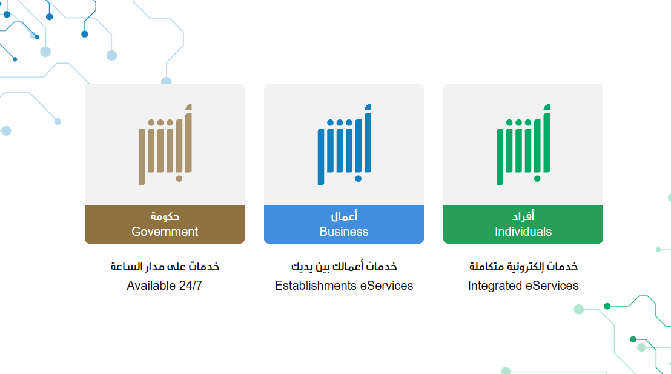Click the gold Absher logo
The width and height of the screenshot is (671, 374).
[165, 144]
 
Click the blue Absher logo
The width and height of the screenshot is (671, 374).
[344, 144]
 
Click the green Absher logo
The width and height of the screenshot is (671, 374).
[523, 144]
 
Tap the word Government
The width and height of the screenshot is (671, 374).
[165, 232]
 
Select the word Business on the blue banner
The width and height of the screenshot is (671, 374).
[344, 232]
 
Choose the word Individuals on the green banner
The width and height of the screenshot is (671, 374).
[523, 232]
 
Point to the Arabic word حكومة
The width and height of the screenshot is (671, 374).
[165, 216]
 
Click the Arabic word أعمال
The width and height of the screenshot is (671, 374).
[344, 216]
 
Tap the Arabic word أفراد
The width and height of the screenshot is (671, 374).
[523, 216]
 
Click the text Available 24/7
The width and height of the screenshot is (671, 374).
[165, 286]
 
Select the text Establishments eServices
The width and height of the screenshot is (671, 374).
[344, 286]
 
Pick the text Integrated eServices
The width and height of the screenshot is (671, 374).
[523, 286]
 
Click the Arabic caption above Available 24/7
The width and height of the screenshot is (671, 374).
[165, 267]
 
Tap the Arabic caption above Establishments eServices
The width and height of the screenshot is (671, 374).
[344, 267]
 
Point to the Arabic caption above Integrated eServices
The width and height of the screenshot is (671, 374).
[523, 267]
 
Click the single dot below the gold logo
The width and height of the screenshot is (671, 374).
[179, 179]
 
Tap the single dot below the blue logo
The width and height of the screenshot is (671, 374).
[358, 179]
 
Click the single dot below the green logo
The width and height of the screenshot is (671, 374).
[538, 179]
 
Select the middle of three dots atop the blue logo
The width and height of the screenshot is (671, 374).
[340, 123]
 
